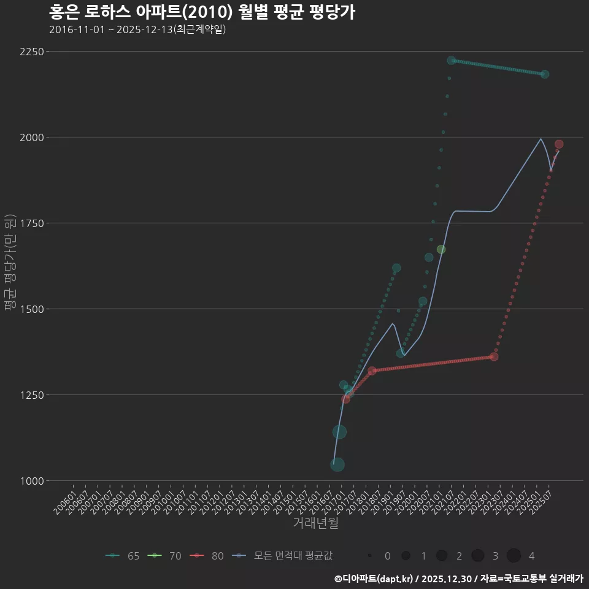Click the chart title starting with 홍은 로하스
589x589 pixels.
point(202,12)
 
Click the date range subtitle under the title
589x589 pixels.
point(137,29)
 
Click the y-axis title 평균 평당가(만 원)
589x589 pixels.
point(9,264)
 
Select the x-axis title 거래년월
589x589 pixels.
point(315,523)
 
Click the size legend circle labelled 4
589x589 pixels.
point(514,556)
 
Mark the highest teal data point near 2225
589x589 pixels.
point(452,60)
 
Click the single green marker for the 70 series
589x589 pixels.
point(441,249)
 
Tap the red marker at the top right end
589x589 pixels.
point(559,144)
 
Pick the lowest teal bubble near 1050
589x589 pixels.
point(337,464)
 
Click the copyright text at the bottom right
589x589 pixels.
point(458,579)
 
